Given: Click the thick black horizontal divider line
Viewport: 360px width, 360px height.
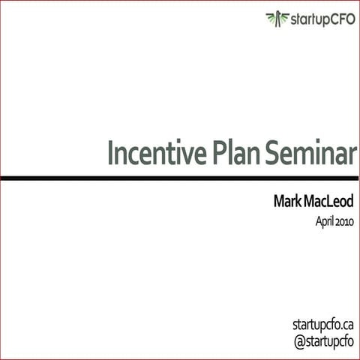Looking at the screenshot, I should pos(180,178).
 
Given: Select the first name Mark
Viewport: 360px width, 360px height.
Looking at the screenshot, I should pos(289,203).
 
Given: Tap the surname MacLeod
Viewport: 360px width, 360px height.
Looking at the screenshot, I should pos(330,203).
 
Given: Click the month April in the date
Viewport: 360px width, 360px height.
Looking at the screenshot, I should pos(324,223).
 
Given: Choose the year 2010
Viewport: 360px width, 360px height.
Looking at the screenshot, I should pos(345,222).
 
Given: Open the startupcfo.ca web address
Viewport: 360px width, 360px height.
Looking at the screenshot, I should pos(322,325).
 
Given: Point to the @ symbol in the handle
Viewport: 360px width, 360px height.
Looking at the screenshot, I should pos(298,341).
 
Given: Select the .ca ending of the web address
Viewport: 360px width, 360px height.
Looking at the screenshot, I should pos(346,325).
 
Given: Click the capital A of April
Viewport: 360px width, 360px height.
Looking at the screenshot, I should pos(317,222).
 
